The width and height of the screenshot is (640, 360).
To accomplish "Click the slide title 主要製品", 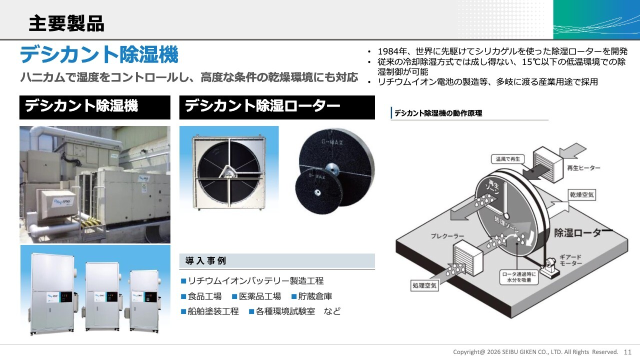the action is (66, 23).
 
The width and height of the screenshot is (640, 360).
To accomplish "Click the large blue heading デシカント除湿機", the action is (99, 54).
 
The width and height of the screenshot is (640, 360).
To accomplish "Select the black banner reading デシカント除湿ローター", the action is (277, 107).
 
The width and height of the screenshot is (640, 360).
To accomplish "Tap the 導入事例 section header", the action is (205, 260).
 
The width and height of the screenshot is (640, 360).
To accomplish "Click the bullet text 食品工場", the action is (204, 296).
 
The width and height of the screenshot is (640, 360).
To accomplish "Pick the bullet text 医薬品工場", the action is (259, 296).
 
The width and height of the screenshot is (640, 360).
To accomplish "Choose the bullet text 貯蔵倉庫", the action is (315, 296).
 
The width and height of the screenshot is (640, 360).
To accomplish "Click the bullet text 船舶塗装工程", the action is (213, 311).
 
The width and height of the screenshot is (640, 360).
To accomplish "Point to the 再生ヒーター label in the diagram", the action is (583, 168).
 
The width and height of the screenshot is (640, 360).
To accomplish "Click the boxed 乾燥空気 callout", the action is (581, 195).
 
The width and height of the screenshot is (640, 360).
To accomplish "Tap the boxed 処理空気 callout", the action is (424, 285).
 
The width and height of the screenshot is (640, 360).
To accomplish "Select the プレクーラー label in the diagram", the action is (447, 236).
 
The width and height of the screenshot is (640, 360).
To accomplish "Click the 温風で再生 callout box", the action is (507, 159).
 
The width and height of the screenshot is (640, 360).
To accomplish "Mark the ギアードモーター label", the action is (570, 260).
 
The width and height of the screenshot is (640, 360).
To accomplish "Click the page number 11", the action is (627, 352).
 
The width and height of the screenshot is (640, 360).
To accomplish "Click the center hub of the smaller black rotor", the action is (316, 192).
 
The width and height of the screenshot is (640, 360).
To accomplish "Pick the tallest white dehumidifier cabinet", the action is (52, 293).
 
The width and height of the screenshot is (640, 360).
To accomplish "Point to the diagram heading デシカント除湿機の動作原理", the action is (438, 113).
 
